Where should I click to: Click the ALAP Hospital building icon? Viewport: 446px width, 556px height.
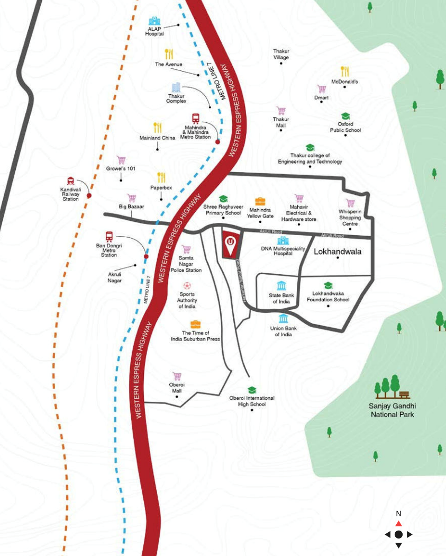(154, 21)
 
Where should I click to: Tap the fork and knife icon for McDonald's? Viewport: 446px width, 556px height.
(345, 71)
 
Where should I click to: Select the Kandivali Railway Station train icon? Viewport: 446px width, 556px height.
(71, 181)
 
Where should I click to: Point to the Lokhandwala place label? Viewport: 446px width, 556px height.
(338, 252)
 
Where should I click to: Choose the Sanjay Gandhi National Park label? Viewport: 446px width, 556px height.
(392, 410)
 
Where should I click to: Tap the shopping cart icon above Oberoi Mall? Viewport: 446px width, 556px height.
(177, 376)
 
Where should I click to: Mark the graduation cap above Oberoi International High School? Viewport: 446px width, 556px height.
(252, 390)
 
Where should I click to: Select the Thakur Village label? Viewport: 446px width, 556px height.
(281, 54)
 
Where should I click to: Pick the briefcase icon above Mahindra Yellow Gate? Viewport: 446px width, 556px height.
(260, 201)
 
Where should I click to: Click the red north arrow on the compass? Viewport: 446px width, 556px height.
(398, 524)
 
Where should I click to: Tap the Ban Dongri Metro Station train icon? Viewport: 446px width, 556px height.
(109, 236)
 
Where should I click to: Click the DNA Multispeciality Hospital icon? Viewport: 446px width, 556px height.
(283, 241)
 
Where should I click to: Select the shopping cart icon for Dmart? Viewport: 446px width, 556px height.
(321, 89)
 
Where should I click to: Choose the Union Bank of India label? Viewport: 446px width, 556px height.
(283, 331)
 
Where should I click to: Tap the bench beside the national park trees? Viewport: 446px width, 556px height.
(404, 394)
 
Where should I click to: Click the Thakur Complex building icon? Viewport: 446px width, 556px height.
(176, 87)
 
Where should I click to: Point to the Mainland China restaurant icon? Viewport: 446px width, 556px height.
(157, 128)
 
